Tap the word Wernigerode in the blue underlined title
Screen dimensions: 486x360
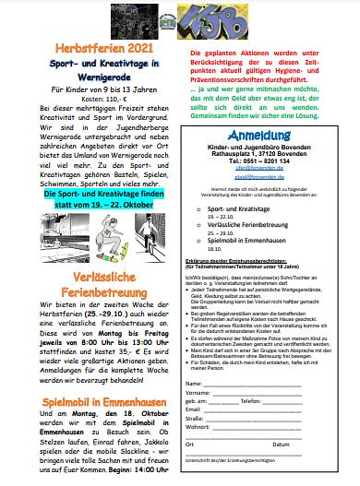tap(90, 78)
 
